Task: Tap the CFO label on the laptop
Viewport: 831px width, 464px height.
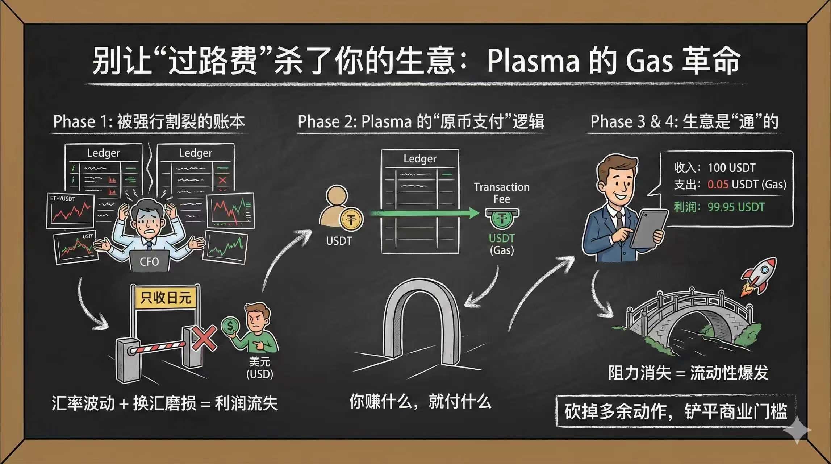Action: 149,261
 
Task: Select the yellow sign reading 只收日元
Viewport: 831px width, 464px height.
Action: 166,298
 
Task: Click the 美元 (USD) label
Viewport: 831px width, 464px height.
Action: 260,368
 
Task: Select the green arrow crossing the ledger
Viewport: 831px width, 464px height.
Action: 424,213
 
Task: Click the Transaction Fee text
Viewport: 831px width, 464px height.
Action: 501,193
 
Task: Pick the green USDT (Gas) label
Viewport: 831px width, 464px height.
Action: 502,244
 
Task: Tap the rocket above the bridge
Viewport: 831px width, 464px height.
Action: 759,275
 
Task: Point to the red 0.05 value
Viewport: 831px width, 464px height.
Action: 718,185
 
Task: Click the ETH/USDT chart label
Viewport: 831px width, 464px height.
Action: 63,199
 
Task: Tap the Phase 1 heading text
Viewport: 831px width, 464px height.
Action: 149,121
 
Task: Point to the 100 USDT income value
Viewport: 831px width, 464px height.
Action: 731,168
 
